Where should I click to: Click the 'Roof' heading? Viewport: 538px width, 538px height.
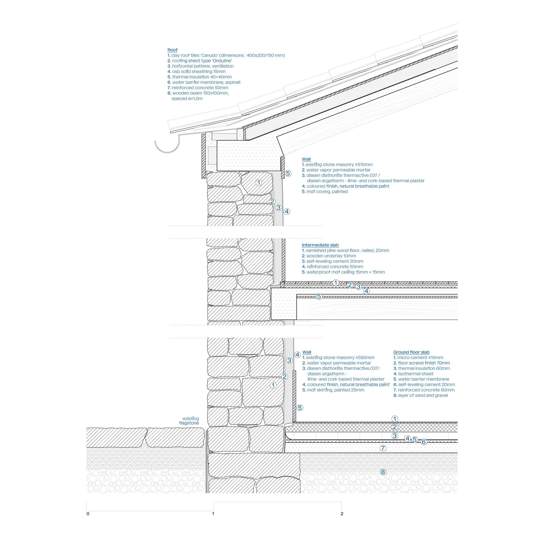pyautogui.click(x=172, y=50)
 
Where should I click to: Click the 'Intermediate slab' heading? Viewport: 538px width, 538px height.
pyautogui.click(x=320, y=245)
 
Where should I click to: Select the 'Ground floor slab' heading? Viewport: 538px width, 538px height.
pyautogui.click(x=411, y=352)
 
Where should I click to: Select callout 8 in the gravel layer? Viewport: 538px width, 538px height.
pyautogui.click(x=383, y=472)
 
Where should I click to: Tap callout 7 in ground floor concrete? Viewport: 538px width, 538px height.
pyautogui.click(x=383, y=448)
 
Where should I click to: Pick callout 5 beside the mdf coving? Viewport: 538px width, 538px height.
pyautogui.click(x=288, y=173)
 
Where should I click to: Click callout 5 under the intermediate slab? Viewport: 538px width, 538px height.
pyautogui.click(x=319, y=297)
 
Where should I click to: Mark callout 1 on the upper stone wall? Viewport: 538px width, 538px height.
pyautogui.click(x=259, y=183)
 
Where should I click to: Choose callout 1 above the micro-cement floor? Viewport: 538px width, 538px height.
pyautogui.click(x=395, y=419)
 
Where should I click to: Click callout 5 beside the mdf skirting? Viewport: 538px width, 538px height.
pyautogui.click(x=300, y=408)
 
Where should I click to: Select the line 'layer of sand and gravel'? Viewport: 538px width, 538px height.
pyautogui.click(x=423, y=396)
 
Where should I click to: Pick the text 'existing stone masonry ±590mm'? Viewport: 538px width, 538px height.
pyautogui.click(x=340, y=358)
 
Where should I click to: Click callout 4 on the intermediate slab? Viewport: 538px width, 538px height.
pyautogui.click(x=367, y=291)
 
